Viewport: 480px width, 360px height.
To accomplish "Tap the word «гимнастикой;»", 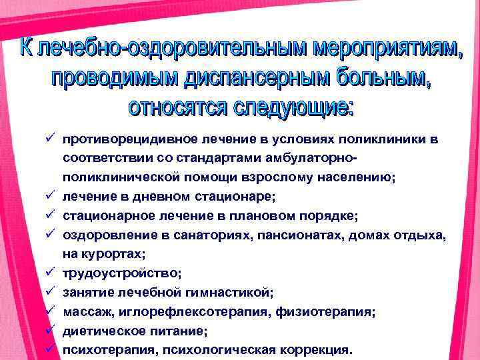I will (233, 291).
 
